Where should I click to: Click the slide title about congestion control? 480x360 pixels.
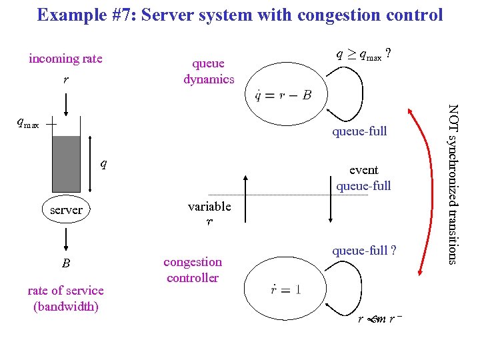(x=240, y=15)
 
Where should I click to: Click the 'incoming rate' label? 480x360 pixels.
(x=65, y=59)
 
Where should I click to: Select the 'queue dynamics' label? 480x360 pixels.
(x=209, y=71)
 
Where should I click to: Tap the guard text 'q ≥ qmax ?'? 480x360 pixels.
(x=361, y=56)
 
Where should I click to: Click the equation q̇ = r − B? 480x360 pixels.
(x=283, y=95)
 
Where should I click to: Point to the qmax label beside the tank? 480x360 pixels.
(x=28, y=123)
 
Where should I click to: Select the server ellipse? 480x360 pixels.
(x=67, y=209)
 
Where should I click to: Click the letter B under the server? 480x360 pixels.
(x=66, y=263)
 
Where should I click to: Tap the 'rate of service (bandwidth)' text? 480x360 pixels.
(x=65, y=298)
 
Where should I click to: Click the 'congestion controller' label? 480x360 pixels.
(x=193, y=270)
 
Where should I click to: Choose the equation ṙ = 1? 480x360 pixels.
(x=283, y=289)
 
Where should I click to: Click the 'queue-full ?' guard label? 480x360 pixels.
(x=364, y=251)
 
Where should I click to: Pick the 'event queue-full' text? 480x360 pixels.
(x=363, y=178)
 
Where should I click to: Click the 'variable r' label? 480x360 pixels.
(x=209, y=214)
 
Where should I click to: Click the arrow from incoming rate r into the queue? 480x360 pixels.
(x=66, y=105)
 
